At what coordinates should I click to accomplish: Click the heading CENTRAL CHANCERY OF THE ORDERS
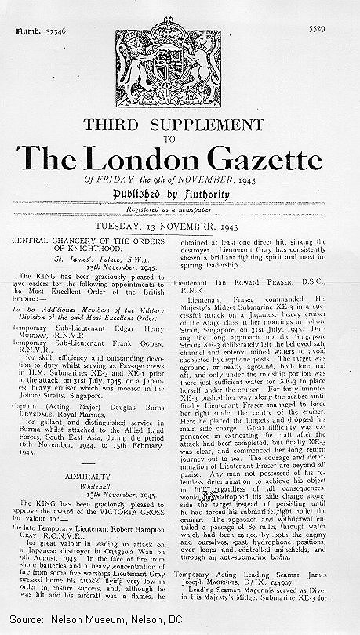click(95, 240)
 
